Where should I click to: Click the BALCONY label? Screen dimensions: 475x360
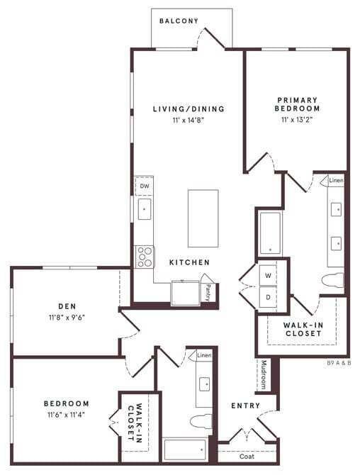(179, 21)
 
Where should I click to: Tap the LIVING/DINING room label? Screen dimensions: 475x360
(189, 109)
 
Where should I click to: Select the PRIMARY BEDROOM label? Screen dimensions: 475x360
(298, 104)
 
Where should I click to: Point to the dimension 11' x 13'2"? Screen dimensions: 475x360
(298, 121)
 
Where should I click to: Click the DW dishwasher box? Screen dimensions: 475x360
(144, 186)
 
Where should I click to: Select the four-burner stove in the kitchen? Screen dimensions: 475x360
(145, 256)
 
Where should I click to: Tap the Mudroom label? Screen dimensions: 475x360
(262, 375)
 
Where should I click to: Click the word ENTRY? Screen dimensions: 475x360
(245, 406)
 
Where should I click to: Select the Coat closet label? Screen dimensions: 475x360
(247, 457)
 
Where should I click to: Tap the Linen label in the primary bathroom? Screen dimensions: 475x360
(336, 181)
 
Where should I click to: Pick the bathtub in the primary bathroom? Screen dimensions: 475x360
(269, 233)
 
